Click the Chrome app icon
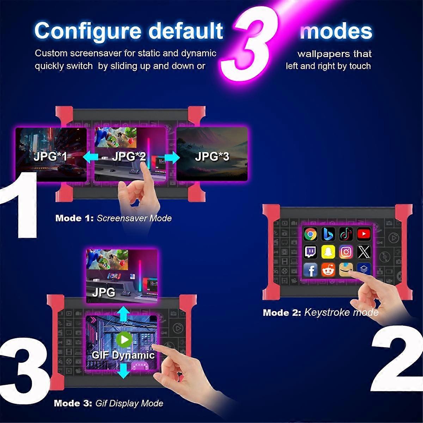click(310, 234)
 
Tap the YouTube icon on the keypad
click(363, 234)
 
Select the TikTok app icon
click(346, 234)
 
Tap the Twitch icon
click(310, 252)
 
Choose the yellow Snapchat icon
click(328, 252)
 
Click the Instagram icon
click(346, 252)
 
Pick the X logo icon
click(364, 252)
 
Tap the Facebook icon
click(310, 270)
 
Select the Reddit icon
click(328, 270)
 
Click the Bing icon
click(328, 234)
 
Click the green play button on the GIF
click(124, 339)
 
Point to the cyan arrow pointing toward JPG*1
click(91, 157)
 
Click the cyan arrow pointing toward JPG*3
click(172, 158)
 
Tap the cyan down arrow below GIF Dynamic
click(124, 371)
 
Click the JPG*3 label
click(212, 157)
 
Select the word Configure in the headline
click(88, 32)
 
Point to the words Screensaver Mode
click(134, 218)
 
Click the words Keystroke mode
click(341, 312)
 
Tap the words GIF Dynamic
click(123, 355)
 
